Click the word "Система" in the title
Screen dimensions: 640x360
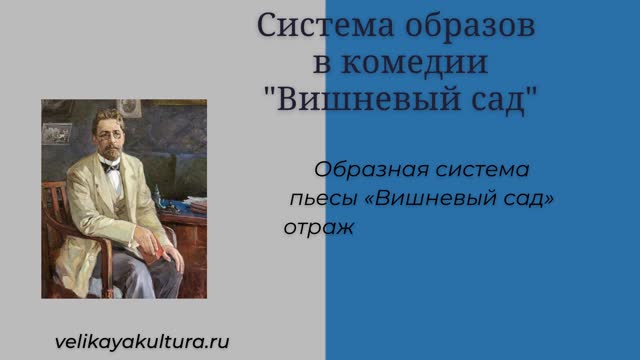pyautogui.click(x=325, y=25)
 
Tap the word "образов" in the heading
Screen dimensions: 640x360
pyautogui.click(x=470, y=25)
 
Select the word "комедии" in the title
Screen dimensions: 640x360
pyautogui.click(x=414, y=62)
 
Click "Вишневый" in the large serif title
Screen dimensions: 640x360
pyautogui.click(x=369, y=99)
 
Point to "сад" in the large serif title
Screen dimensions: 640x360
pyautogui.click(x=498, y=100)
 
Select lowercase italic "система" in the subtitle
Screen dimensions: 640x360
pyautogui.click(x=482, y=170)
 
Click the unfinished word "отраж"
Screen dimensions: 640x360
pyautogui.click(x=318, y=228)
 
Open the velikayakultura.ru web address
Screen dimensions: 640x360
pyautogui.click(x=142, y=342)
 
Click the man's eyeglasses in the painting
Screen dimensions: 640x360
pyautogui.click(x=110, y=134)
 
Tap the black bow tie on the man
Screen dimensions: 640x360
pyautogui.click(x=111, y=167)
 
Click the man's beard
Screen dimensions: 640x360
pyautogui.click(x=111, y=153)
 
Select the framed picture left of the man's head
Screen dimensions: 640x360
pyautogui.click(x=57, y=134)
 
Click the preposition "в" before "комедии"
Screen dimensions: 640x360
pyautogui.click(x=322, y=64)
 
